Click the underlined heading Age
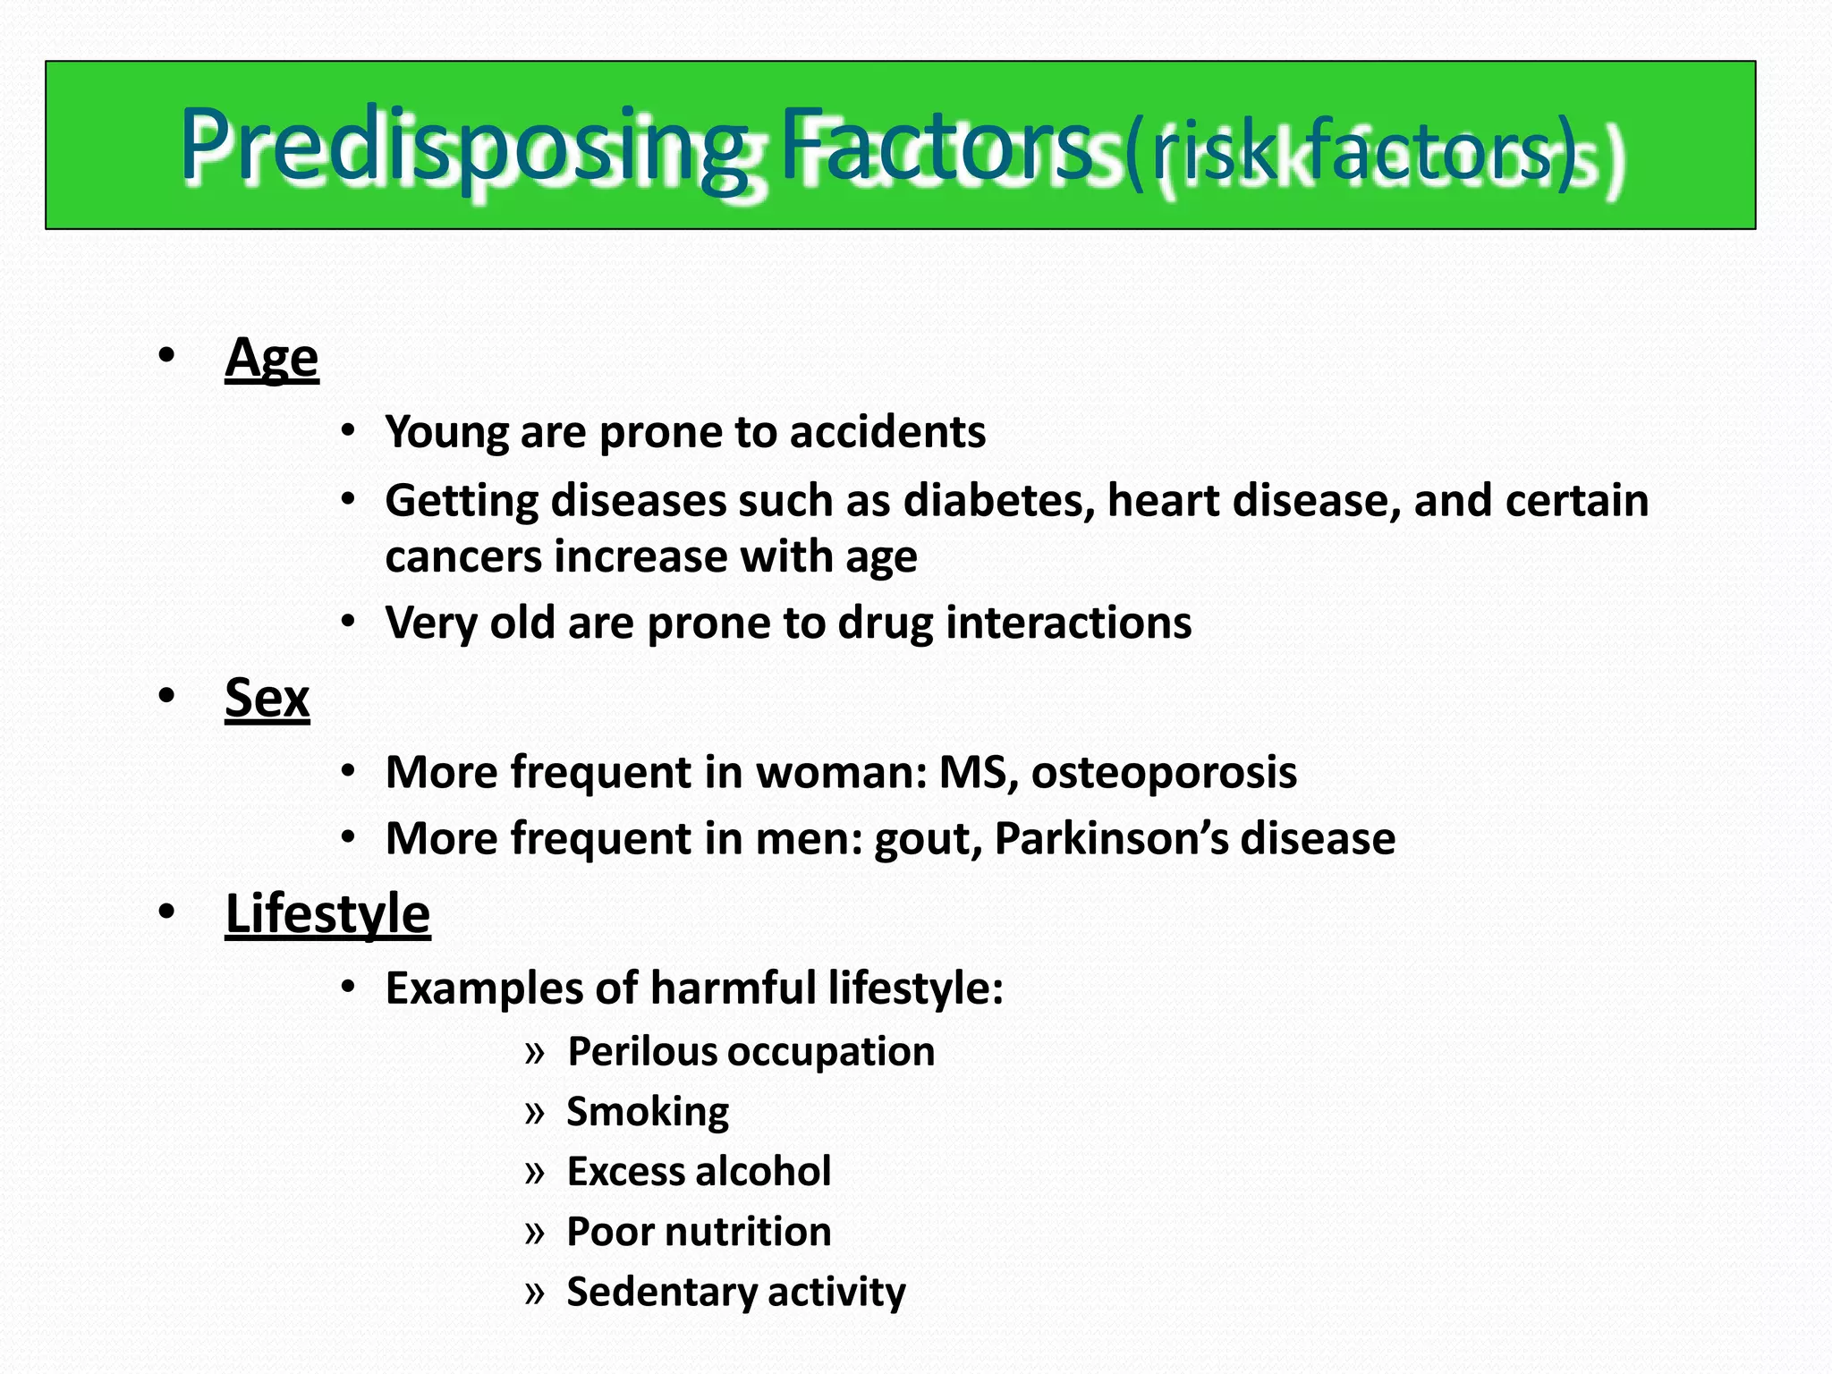271,360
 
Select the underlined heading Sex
267,699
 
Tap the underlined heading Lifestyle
327,914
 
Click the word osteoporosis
1164,773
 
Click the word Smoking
648,1112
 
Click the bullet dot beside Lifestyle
166,912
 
